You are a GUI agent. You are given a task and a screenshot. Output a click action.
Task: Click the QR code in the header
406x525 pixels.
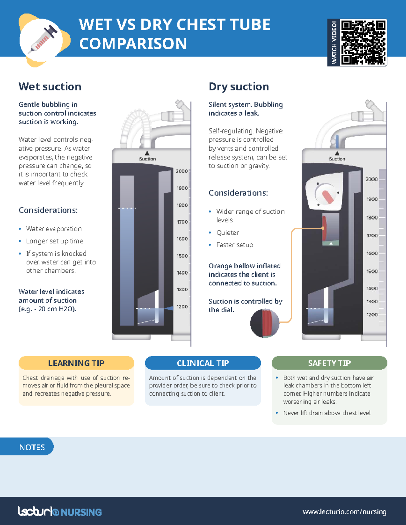[363, 42]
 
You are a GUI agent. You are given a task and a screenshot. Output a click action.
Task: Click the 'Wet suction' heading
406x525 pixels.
[50, 87]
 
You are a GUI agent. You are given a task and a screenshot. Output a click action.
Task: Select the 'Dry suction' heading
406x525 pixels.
[239, 87]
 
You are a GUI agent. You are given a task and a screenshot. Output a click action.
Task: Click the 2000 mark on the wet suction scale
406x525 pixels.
[182, 171]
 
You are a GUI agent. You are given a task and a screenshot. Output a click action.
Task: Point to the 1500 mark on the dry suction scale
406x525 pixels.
[372, 271]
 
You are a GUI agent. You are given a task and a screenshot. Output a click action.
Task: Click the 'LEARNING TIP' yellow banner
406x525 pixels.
[76, 363]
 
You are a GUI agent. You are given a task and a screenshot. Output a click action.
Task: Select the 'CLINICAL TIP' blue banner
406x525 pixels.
[203, 363]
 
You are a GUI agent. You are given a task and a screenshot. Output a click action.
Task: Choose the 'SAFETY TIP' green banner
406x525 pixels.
[329, 363]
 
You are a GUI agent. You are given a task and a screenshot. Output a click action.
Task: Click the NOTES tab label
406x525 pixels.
[32, 447]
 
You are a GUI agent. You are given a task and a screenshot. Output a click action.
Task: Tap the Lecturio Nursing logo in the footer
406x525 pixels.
[60, 511]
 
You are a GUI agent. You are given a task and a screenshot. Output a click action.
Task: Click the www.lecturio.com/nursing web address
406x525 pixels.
[344, 512]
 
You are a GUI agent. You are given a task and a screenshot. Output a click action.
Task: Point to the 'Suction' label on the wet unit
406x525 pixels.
[148, 159]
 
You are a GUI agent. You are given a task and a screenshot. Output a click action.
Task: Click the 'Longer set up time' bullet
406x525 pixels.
[54, 241]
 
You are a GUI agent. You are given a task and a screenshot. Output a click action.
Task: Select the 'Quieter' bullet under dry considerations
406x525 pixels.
[227, 233]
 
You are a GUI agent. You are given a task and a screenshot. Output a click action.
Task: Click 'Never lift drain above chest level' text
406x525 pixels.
[327, 413]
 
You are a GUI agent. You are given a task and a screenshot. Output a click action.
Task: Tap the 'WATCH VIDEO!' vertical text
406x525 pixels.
[334, 42]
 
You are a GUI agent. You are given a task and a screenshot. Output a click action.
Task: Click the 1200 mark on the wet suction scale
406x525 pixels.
[182, 307]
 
